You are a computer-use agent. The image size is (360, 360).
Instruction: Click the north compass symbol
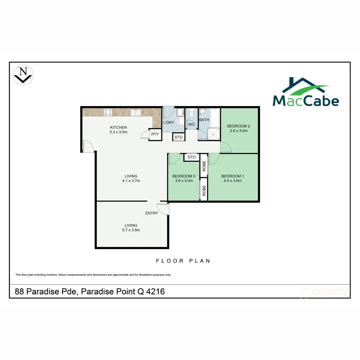(23, 74)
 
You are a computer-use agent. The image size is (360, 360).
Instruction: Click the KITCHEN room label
(119, 127)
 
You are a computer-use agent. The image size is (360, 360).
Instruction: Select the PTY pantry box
(155, 134)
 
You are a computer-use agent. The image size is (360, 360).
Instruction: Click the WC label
(191, 125)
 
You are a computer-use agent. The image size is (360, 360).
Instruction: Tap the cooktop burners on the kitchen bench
(108, 112)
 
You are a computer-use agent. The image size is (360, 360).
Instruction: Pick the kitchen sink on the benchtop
(136, 113)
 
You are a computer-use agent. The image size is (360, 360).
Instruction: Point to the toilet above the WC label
(191, 114)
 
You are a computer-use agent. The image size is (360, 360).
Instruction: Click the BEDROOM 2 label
(238, 126)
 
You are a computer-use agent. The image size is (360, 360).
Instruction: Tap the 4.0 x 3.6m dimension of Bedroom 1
(233, 181)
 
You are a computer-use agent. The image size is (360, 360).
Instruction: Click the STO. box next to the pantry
(179, 137)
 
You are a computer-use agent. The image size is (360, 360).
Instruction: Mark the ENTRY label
(152, 213)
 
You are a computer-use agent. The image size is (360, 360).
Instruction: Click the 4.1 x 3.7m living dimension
(131, 181)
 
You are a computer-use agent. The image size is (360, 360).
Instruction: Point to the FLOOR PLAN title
(183, 261)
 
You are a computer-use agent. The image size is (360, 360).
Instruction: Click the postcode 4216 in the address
(156, 292)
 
